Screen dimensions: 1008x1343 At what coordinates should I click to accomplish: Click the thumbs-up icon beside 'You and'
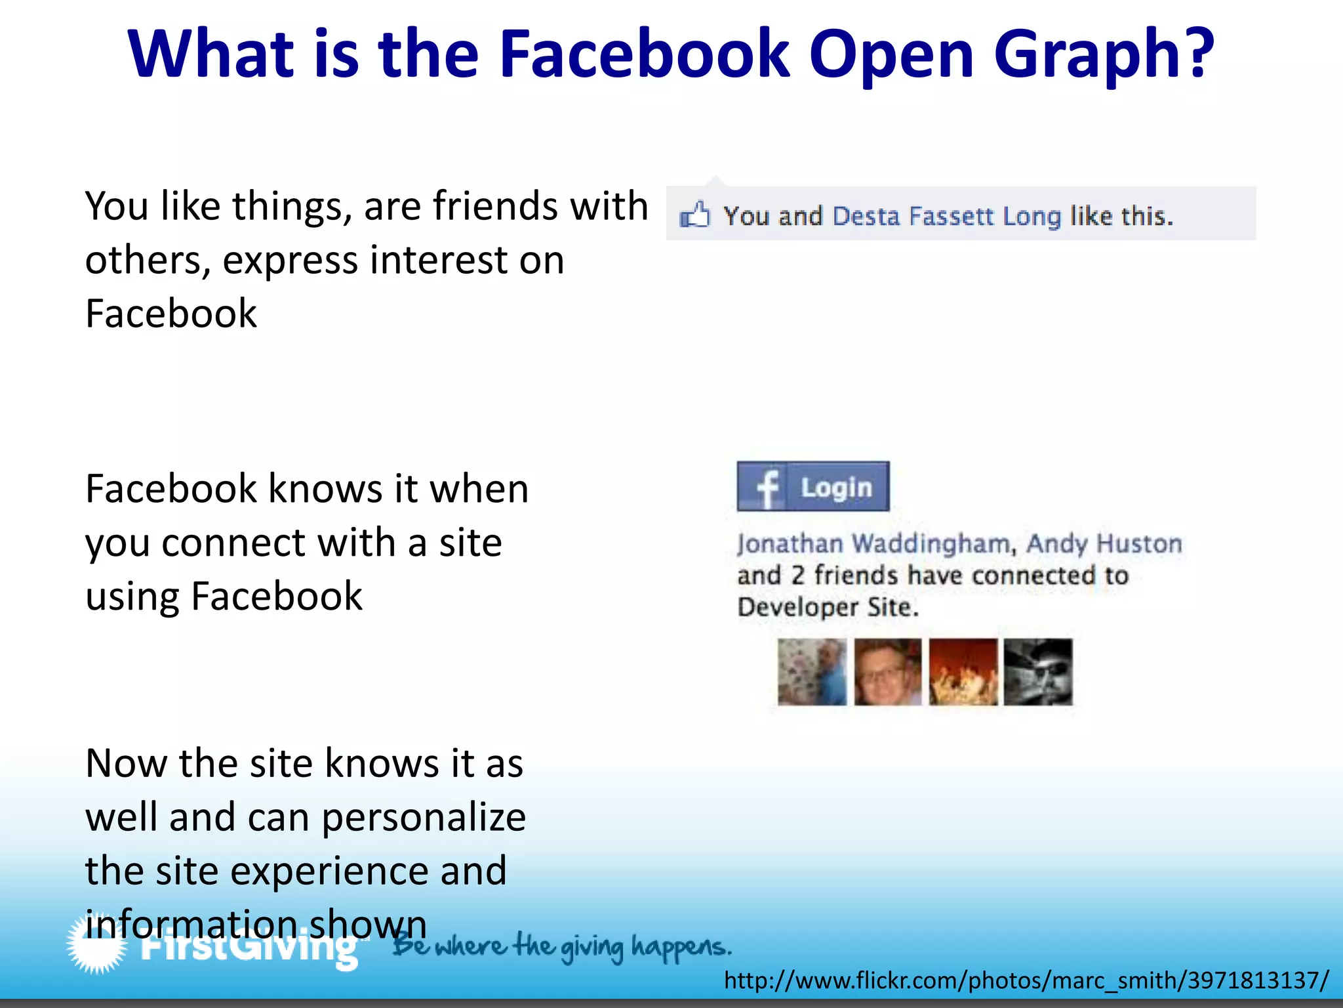click(694, 215)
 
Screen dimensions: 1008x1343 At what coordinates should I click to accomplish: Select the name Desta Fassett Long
click(946, 216)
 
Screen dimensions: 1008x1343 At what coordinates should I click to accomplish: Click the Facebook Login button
click(813, 486)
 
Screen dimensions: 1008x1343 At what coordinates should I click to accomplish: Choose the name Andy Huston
click(1104, 544)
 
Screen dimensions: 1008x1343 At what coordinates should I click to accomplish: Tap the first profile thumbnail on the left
click(812, 672)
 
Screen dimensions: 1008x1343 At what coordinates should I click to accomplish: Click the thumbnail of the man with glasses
click(888, 672)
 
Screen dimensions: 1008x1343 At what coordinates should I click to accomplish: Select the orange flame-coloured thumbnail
click(963, 672)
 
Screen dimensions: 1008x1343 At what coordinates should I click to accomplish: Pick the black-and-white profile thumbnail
click(1038, 672)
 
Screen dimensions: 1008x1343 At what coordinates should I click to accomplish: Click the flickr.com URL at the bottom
click(1026, 980)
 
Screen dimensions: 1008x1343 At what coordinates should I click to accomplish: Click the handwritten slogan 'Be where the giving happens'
click(561, 946)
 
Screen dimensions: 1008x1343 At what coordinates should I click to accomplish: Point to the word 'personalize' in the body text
click(424, 818)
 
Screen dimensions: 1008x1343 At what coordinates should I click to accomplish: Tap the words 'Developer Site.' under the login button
click(828, 607)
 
